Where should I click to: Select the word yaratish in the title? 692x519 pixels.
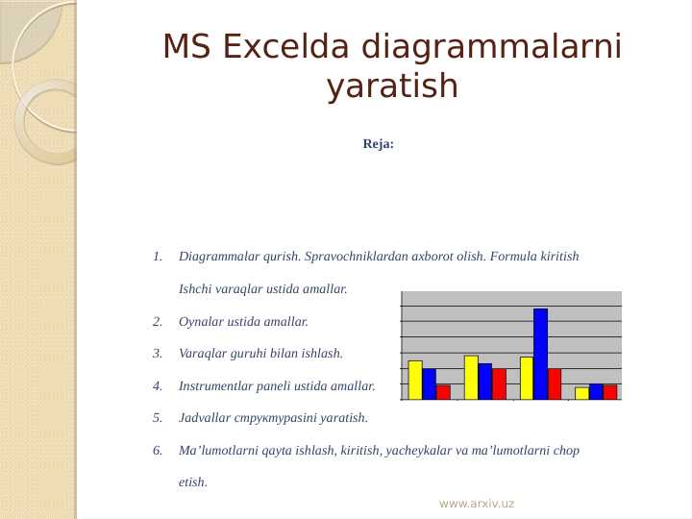click(392, 86)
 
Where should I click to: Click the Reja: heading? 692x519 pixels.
click(378, 144)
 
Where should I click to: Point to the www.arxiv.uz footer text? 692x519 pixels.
click(476, 504)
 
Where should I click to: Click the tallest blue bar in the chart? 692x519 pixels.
click(540, 353)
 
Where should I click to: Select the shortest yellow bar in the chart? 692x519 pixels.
click(581, 393)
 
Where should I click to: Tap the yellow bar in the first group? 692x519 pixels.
click(415, 380)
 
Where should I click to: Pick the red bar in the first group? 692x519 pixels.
click(443, 391)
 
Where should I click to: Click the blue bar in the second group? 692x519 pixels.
click(484, 381)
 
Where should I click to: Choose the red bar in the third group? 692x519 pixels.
click(555, 383)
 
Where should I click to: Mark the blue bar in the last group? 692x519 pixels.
click(596, 391)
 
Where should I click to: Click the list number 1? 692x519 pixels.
click(157, 257)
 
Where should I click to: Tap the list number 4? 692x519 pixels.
click(157, 386)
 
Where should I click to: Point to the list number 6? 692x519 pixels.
click(157, 450)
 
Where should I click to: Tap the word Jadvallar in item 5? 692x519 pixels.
click(203, 418)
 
